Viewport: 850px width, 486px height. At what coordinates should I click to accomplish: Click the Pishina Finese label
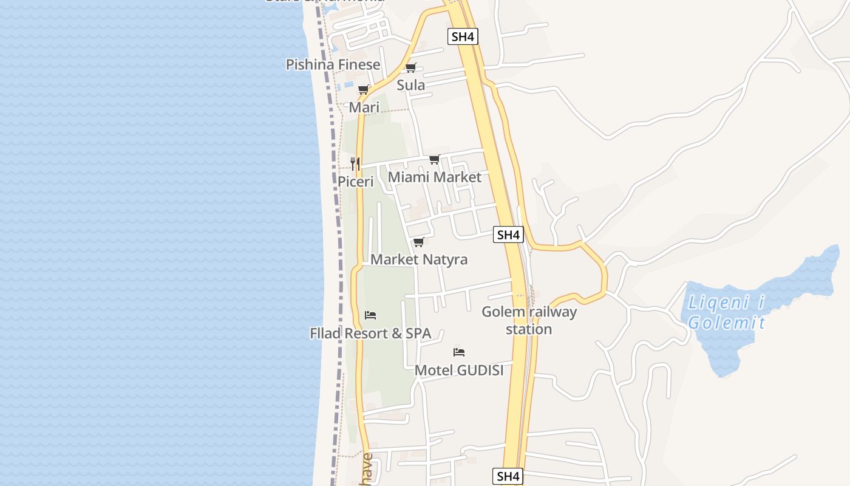pos(333,64)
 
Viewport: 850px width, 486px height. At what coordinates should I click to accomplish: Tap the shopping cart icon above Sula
pos(411,68)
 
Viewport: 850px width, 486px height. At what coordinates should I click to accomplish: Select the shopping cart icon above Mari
pos(364,90)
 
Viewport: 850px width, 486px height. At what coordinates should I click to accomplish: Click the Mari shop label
pos(364,108)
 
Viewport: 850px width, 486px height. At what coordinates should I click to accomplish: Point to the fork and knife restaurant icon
pos(355,163)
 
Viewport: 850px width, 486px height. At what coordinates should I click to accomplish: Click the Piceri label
pos(355,181)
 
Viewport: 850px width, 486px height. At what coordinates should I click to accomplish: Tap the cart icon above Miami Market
pos(434,160)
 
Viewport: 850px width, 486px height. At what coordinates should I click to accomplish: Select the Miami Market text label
pos(434,177)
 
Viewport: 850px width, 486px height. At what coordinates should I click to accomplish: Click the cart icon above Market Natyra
pos(418,242)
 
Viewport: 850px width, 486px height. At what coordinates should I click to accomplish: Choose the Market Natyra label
pos(419,259)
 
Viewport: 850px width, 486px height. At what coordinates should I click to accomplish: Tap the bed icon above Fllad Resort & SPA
pos(370,315)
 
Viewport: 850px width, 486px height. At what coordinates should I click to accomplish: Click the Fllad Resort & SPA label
pos(370,333)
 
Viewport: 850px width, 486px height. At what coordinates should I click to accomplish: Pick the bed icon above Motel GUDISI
pos(459,352)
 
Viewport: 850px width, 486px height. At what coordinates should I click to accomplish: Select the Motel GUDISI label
pos(459,370)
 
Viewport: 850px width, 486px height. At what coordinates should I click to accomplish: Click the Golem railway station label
pos(529,320)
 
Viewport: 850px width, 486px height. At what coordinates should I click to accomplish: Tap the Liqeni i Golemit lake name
pos(726,312)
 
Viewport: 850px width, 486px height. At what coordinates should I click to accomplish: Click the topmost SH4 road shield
pos(463,36)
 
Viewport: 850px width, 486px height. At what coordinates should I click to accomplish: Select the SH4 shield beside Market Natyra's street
pos(508,234)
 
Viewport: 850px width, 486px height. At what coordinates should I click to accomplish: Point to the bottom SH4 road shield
pos(507,476)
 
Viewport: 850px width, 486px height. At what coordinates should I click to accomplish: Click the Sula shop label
pos(411,85)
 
